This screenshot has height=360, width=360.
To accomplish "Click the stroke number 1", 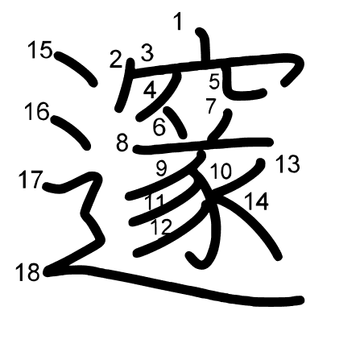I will pyautogui.click(x=179, y=22).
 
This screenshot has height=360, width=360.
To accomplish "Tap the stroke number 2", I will pyautogui.click(x=116, y=58).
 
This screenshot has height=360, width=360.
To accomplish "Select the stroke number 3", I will pyautogui.click(x=147, y=53).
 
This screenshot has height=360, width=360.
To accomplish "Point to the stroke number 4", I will pyautogui.click(x=150, y=90).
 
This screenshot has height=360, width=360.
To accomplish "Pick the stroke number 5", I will pyautogui.click(x=214, y=81).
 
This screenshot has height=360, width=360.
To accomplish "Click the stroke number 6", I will pyautogui.click(x=159, y=126).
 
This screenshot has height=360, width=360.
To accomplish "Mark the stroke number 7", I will pyautogui.click(x=210, y=105).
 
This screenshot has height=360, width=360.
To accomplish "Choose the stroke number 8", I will pyautogui.click(x=122, y=143).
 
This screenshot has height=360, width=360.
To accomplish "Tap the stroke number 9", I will pyautogui.click(x=161, y=168).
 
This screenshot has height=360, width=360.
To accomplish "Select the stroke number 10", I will pyautogui.click(x=221, y=171).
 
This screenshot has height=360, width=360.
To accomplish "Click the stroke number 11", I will pyautogui.click(x=155, y=201).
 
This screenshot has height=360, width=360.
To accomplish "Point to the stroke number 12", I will pyautogui.click(x=162, y=226).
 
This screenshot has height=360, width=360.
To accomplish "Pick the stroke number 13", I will pyautogui.click(x=287, y=164).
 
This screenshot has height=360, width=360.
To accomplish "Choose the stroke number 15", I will pyautogui.click(x=39, y=50).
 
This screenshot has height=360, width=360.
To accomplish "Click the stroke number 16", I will pyautogui.click(x=36, y=111).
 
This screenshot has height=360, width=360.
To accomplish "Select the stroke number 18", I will pyautogui.click(x=27, y=272).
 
